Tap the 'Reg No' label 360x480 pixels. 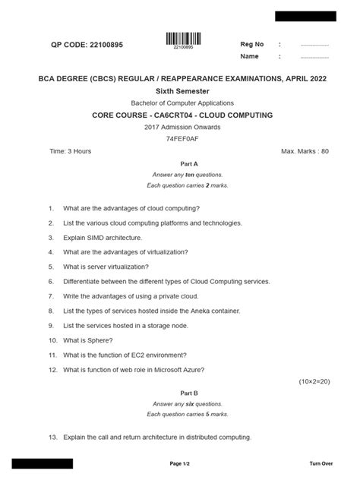pos(252,44)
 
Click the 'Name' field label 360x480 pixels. pos(250,56)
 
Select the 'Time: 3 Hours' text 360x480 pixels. pos(71,151)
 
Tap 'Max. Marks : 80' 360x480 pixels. pos(305,151)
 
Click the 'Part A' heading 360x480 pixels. pos(189,163)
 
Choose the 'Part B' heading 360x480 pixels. pos(189,393)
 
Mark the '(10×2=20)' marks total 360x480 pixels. pos(314,381)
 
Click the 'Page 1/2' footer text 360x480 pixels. pos(179,463)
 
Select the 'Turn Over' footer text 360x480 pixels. pos(321,463)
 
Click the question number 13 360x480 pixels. pos(53,437)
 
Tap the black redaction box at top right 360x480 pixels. pos(305,16)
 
